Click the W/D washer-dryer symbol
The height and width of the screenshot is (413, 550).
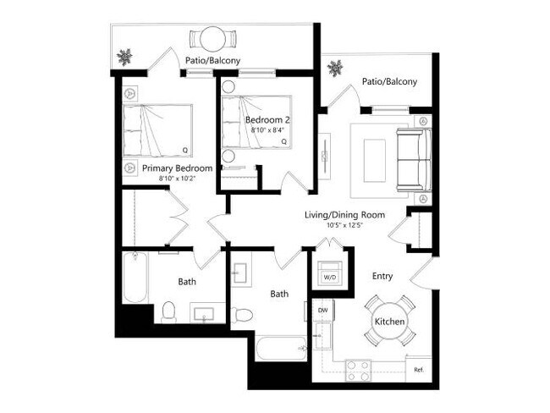(328, 275)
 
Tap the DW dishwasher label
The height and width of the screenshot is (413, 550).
(322, 311)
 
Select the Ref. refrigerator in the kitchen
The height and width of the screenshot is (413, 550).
(418, 369)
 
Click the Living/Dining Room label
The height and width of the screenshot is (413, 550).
(344, 215)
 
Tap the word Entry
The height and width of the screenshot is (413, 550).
(385, 276)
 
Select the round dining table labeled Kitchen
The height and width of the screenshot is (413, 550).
(390, 322)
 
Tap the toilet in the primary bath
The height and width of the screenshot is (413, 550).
(168, 311)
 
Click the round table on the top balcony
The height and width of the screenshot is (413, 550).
(208, 38)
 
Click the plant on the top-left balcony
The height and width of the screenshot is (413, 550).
(125, 58)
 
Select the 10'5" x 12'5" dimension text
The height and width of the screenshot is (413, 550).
(344, 226)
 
